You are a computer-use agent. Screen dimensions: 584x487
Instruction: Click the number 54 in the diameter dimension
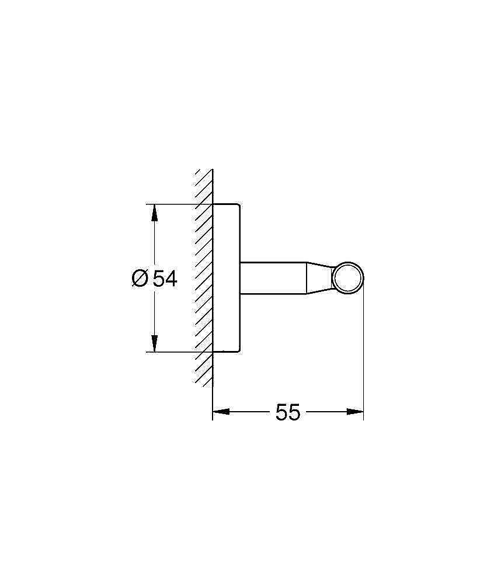tap(165, 279)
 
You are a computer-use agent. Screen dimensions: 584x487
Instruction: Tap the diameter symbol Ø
tap(140, 279)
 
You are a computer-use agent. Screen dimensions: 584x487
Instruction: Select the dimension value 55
tap(288, 412)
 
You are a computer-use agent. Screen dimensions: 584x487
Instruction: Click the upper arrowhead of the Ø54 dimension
tap(154, 212)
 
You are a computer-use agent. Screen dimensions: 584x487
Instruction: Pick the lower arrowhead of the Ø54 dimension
tap(154, 344)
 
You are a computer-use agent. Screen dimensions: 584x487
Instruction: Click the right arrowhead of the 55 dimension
tap(356, 412)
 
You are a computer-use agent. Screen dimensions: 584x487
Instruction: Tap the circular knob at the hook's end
tap(348, 277)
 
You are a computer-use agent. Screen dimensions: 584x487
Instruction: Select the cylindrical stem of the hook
tap(272, 277)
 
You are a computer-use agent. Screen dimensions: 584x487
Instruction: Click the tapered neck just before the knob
tap(321, 277)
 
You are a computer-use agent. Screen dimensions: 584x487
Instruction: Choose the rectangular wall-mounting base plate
tap(225, 278)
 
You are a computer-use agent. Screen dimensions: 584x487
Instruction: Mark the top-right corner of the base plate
tap(238, 205)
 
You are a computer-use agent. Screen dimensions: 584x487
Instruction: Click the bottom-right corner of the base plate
tap(238, 352)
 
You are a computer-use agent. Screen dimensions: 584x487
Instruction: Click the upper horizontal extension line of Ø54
tap(175, 204)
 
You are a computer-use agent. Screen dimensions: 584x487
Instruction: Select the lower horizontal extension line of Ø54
tap(175, 352)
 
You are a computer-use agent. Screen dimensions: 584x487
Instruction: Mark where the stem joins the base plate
tap(239, 277)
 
